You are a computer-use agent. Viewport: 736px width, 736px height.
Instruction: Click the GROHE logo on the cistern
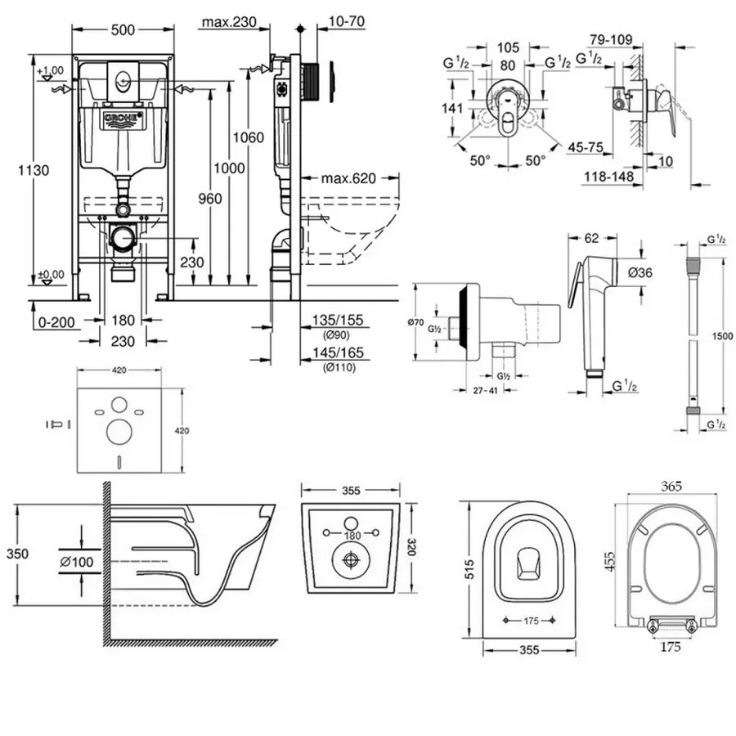[x=122, y=119]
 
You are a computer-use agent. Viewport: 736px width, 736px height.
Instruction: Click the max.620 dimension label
[x=347, y=178]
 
